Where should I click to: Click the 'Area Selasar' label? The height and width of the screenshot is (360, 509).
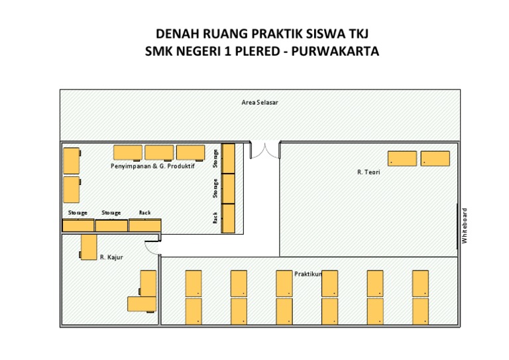coord(255,103)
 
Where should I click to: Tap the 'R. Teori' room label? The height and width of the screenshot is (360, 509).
coord(368,172)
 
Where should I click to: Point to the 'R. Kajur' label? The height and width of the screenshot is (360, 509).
coord(111,257)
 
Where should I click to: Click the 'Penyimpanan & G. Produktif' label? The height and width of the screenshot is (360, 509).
coord(152,166)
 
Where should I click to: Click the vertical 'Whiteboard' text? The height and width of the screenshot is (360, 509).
coord(465,226)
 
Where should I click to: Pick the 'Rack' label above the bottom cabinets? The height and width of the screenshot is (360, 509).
coord(144,213)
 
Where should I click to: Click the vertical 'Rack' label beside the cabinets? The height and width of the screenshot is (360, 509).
coord(215,217)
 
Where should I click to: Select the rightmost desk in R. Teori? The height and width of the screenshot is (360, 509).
coord(435,158)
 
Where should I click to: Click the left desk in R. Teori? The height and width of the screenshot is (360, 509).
coord(402,158)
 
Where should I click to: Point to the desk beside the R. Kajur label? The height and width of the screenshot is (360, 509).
coord(88,247)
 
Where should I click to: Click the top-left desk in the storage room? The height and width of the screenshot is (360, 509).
coord(72,160)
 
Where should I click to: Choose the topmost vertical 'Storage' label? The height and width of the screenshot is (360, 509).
coord(215,158)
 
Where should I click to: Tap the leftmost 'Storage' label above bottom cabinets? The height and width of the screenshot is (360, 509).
coord(78,213)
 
